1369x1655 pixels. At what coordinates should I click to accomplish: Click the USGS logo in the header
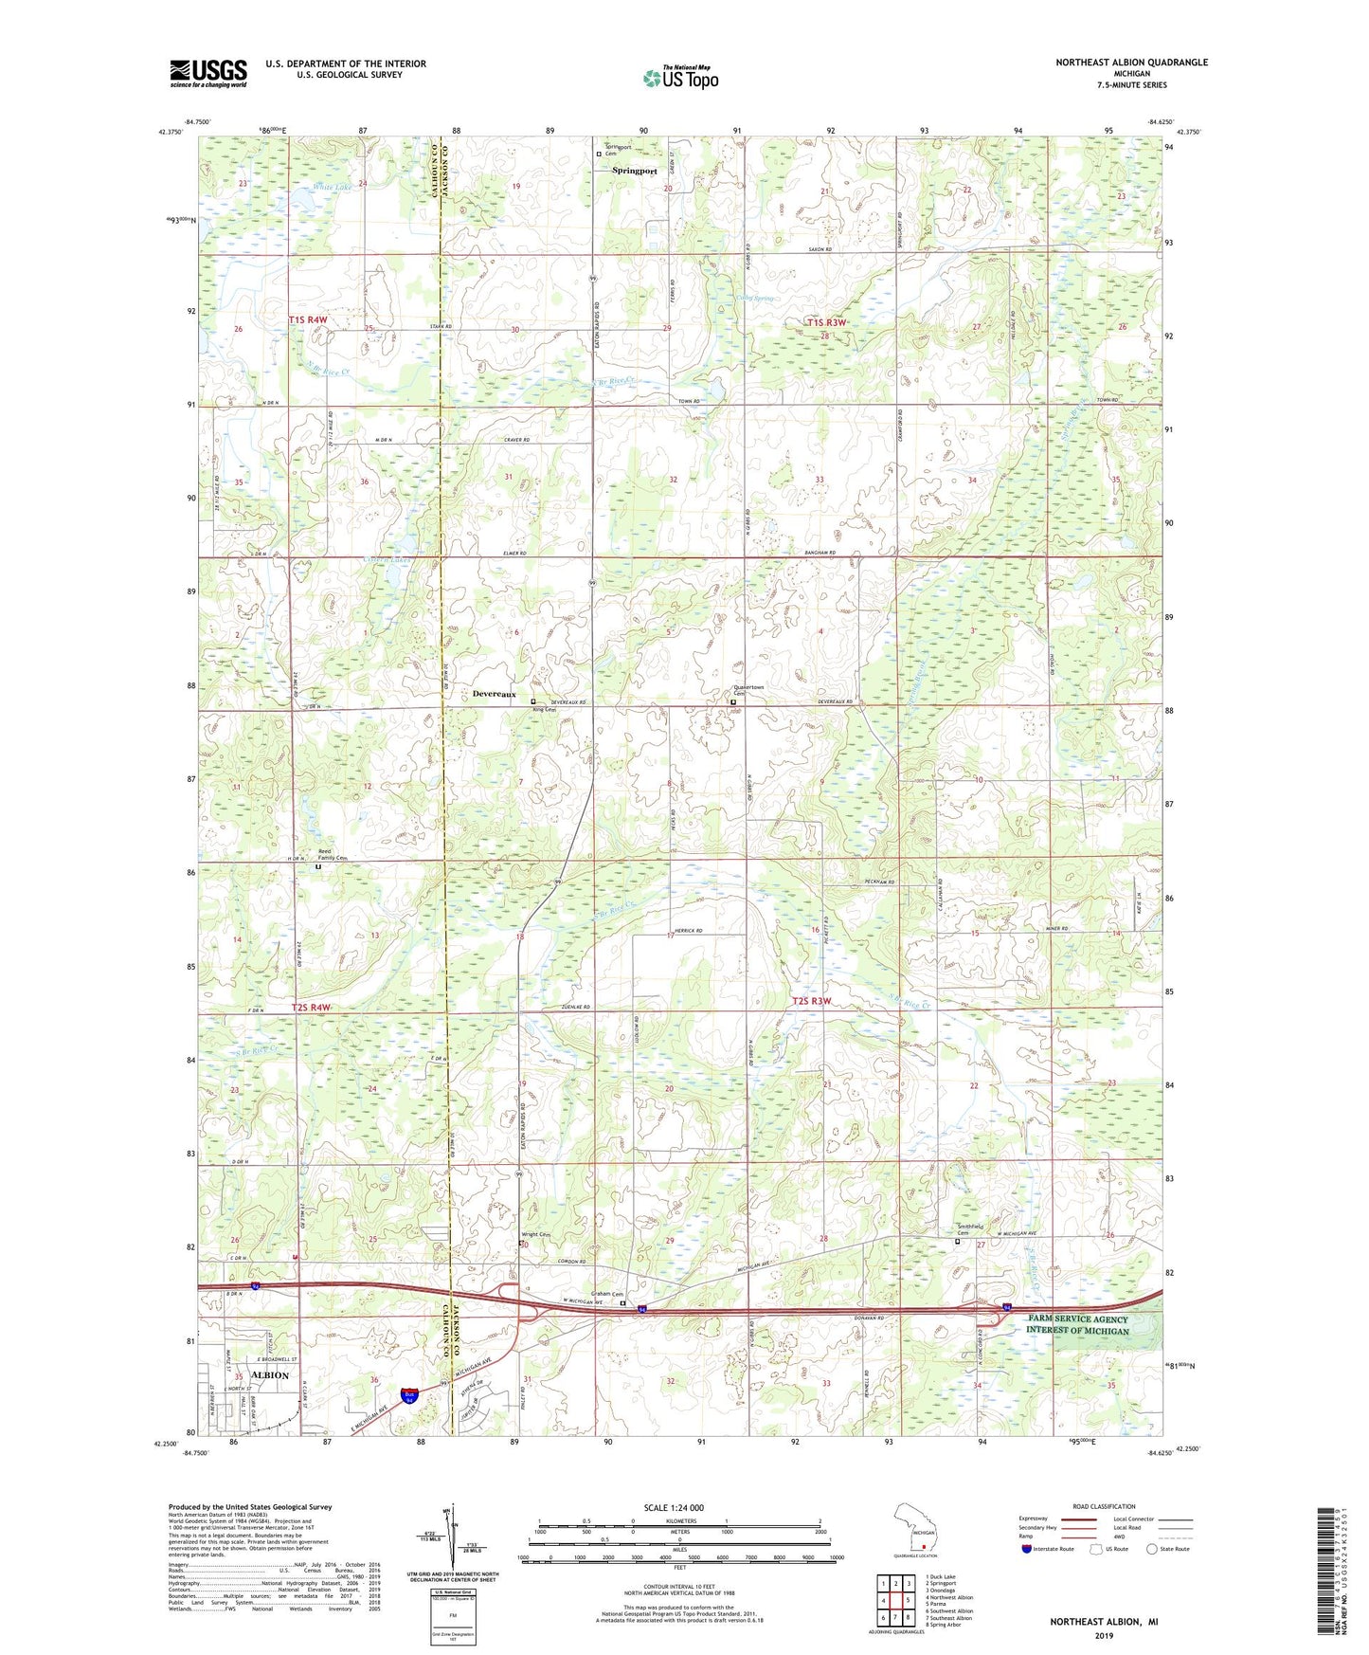click(208, 73)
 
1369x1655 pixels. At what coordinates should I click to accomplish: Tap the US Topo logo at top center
click(680, 79)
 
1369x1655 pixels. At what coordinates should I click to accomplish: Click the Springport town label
click(634, 171)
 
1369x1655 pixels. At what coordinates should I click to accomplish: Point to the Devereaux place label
click(495, 694)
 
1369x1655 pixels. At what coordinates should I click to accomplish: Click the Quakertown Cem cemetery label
click(749, 691)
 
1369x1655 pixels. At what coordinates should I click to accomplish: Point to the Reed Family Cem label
click(332, 855)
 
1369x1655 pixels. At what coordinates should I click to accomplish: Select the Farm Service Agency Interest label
click(1078, 1324)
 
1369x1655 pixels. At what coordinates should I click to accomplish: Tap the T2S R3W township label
click(811, 1001)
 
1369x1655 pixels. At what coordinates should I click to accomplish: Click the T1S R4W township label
click(308, 320)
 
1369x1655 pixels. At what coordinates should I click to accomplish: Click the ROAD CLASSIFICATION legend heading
click(1099, 1506)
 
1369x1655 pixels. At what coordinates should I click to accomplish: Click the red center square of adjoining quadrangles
click(895, 1601)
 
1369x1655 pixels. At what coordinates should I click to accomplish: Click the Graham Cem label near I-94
click(605, 1294)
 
